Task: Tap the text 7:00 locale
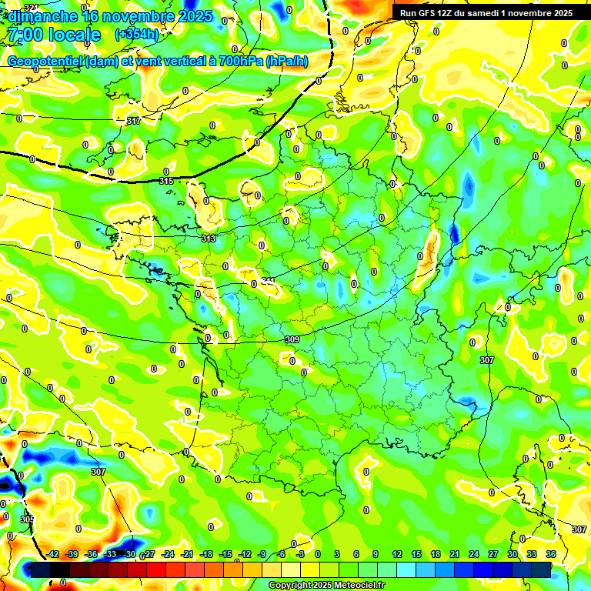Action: point(53,35)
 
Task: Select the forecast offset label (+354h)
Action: point(137,35)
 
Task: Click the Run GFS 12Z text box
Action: point(486,13)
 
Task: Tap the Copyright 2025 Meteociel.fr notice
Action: point(326,586)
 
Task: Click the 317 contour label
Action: point(133,121)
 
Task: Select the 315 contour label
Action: point(166,181)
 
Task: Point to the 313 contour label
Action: point(209,239)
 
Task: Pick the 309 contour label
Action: point(292,339)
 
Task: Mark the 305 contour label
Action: point(27,519)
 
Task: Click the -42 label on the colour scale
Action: point(53,554)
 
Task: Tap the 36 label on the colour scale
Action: point(551,554)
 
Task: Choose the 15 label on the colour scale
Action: point(416,554)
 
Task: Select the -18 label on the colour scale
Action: point(206,554)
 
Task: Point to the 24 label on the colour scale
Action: point(474,554)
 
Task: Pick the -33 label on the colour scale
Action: point(110,554)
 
